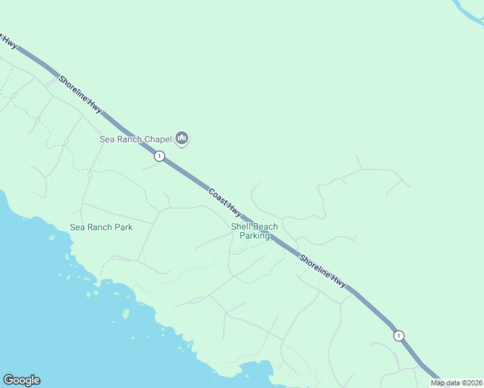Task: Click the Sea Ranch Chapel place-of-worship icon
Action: [182, 138]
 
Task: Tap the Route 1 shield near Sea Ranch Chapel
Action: [159, 156]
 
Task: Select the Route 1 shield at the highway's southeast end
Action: [399, 335]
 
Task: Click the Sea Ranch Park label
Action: [101, 227]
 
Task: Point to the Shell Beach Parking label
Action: [254, 231]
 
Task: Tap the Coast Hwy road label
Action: [225, 202]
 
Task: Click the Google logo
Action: [21, 380]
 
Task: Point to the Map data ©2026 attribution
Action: [456, 383]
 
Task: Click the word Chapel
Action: [159, 138]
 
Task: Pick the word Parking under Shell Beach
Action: [254, 235]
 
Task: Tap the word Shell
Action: [241, 226]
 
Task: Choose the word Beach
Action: [265, 226]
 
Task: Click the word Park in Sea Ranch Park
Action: [122, 227]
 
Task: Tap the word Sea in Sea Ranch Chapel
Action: [107, 138]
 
